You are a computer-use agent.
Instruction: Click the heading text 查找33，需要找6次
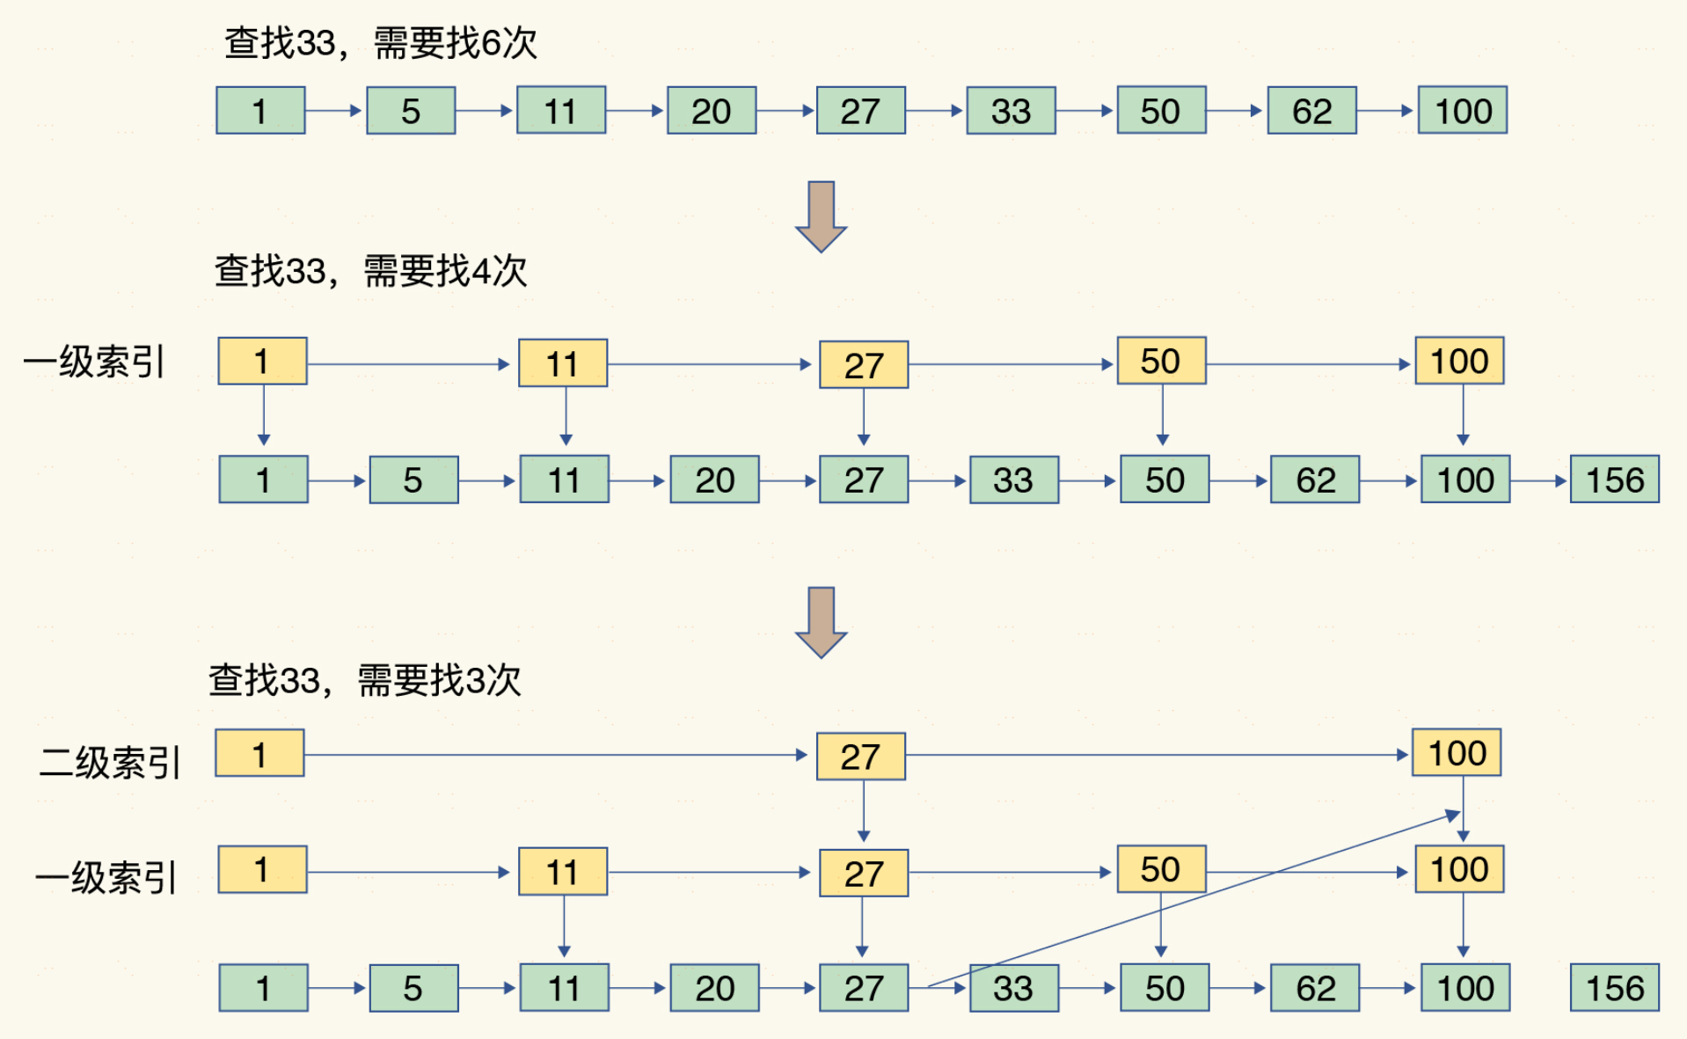tap(380, 42)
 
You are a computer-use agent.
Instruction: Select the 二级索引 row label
tap(110, 762)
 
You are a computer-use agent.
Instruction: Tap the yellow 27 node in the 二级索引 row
tap(860, 757)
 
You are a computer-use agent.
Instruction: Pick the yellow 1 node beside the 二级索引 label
tap(259, 754)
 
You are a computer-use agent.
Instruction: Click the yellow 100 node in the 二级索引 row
tap(1457, 753)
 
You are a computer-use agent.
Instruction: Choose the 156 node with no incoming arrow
tap(1615, 988)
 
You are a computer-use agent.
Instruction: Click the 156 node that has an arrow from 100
tap(1615, 479)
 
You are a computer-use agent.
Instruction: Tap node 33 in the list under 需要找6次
tap(1011, 111)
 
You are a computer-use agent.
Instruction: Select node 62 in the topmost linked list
tap(1311, 111)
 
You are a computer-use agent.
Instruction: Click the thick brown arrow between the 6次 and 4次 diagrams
tap(821, 216)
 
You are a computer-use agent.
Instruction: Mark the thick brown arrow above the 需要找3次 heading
tap(821, 621)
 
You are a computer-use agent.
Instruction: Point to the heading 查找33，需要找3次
tap(364, 680)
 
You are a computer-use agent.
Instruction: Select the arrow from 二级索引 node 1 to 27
tap(554, 755)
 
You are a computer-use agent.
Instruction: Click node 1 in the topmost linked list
tap(260, 111)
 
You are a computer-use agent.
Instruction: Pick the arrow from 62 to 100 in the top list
tap(1386, 111)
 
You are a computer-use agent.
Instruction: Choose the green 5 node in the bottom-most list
tap(413, 988)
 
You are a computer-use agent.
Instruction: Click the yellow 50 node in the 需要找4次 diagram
tap(1161, 361)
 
